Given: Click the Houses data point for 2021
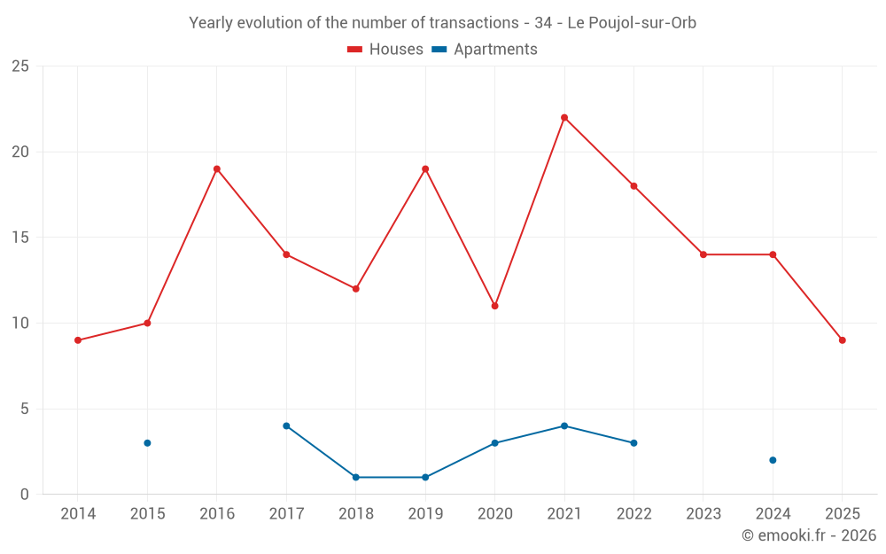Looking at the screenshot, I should (564, 118).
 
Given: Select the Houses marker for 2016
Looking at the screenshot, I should (217, 169).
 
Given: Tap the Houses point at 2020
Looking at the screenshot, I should (494, 306).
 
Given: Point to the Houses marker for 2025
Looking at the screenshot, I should (842, 340).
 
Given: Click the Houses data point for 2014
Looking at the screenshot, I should (78, 340).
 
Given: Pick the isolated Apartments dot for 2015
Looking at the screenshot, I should (147, 443).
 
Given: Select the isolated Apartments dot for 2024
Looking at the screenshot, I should (773, 460).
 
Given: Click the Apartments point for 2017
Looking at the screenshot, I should (286, 426).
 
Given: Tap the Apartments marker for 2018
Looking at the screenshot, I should (356, 477).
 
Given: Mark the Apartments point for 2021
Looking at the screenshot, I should (564, 426).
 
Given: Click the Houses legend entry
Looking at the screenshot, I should (385, 50).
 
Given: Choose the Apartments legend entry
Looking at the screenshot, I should (485, 50).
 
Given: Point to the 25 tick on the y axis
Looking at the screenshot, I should (19, 66).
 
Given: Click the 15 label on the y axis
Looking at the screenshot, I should (19, 238).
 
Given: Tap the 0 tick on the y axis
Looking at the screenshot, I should (24, 495).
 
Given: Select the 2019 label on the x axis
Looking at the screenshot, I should (425, 514).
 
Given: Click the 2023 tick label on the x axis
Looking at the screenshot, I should (703, 514).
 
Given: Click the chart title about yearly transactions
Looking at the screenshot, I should (442, 23).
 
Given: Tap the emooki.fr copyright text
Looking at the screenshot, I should (809, 535).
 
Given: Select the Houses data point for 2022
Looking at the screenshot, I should (633, 186).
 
